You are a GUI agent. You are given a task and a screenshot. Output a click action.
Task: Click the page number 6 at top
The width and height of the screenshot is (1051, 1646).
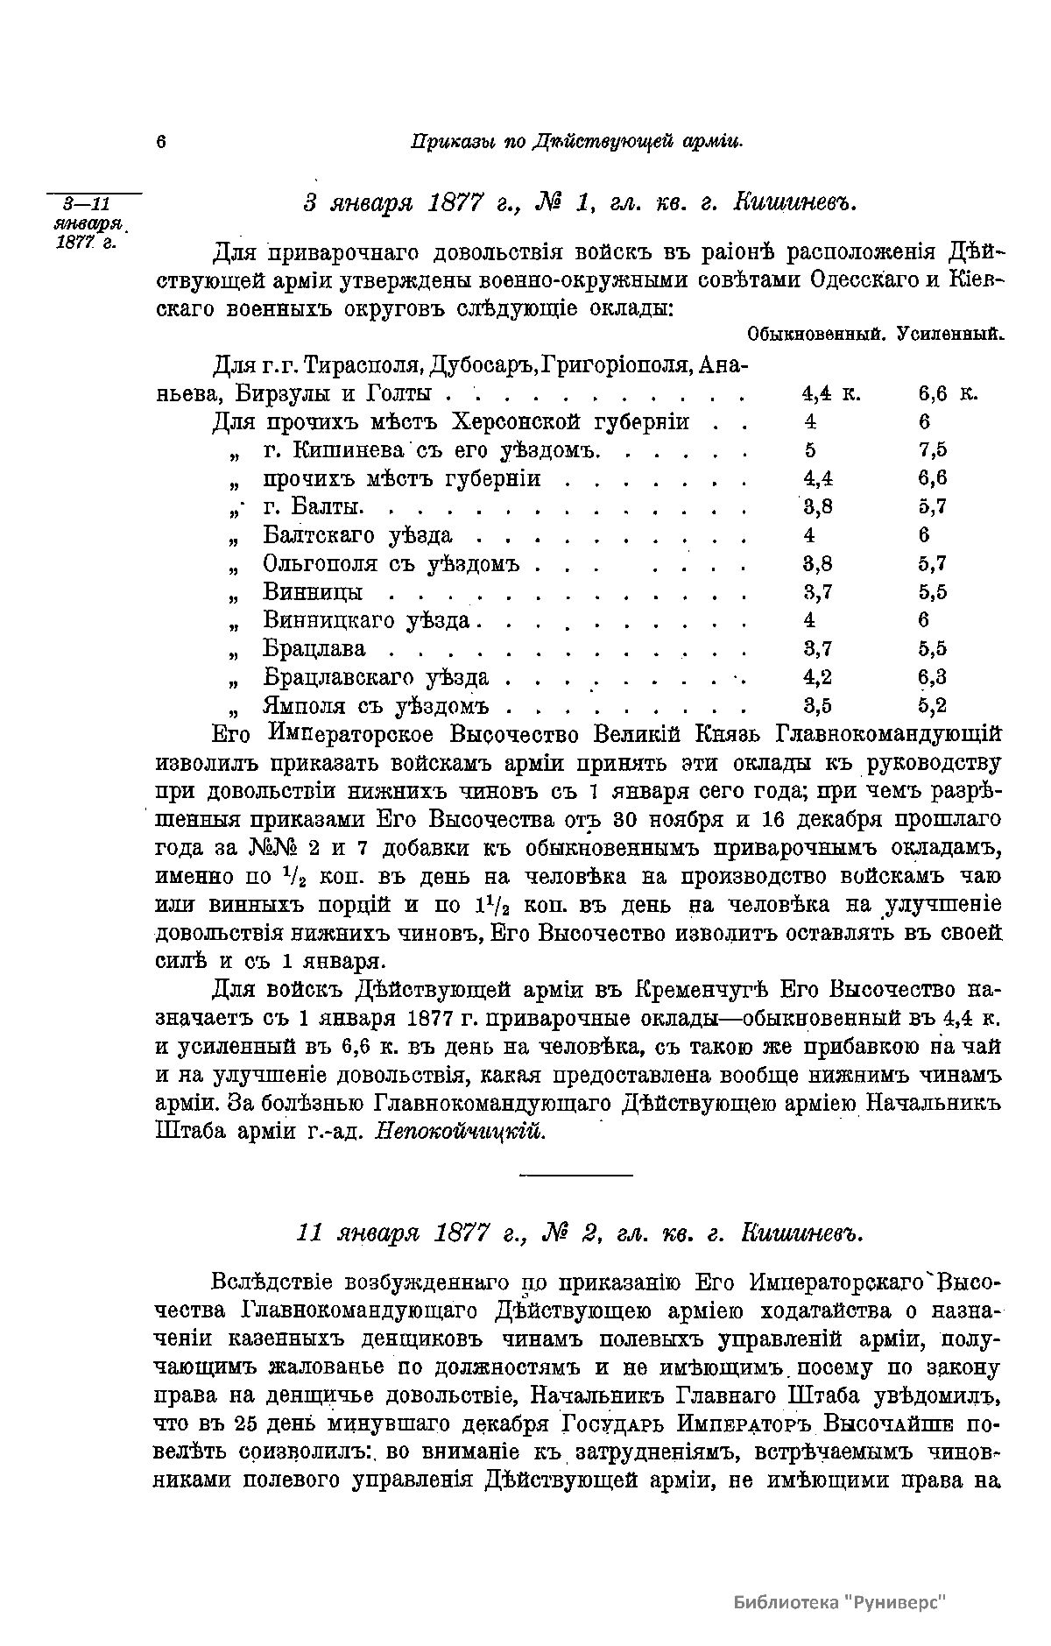(161, 142)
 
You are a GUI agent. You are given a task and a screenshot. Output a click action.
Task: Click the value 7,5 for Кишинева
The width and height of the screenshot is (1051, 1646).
(933, 450)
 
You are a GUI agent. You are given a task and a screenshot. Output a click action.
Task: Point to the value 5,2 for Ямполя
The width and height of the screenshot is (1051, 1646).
(933, 705)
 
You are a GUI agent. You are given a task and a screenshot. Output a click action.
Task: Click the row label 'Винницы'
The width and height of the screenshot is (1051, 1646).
(313, 592)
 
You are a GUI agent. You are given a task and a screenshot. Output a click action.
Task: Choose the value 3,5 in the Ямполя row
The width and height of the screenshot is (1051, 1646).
(818, 705)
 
